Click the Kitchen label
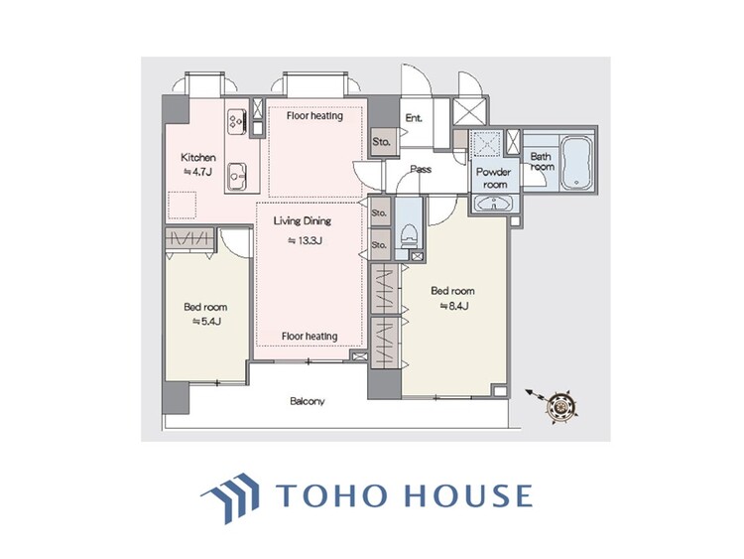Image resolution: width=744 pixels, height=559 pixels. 197,158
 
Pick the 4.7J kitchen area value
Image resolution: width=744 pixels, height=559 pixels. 194,172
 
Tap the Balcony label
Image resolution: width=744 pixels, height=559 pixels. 308,401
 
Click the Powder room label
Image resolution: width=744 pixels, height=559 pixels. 492,178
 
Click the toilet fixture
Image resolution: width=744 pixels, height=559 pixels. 408,234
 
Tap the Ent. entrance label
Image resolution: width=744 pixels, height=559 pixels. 414,118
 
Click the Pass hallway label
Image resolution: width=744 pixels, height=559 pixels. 421,169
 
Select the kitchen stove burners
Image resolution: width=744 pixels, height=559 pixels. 237,121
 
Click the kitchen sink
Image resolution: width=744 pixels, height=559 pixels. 237,174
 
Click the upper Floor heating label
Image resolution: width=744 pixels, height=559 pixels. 314,115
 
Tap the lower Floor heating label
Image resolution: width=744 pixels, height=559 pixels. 309,337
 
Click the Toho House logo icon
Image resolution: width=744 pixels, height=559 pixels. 229,494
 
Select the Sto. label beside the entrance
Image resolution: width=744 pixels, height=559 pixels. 381,142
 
